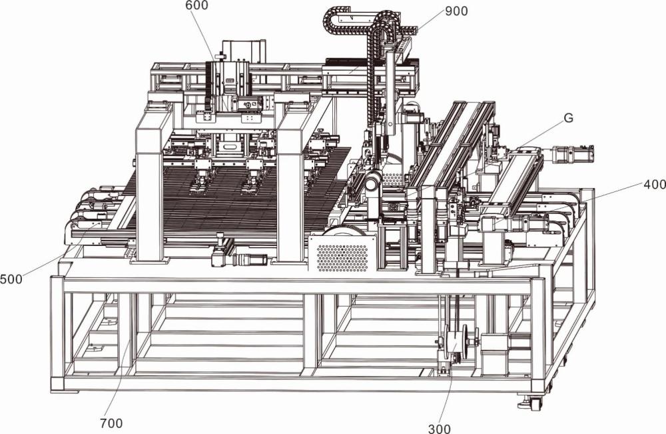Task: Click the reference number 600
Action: (196, 5)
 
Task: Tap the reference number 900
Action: (456, 11)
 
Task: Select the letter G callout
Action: (568, 118)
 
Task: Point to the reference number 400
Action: (654, 185)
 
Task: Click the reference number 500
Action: (11, 280)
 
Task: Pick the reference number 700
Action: (111, 423)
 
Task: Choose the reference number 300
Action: (439, 429)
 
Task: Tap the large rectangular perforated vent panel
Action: (342, 253)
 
